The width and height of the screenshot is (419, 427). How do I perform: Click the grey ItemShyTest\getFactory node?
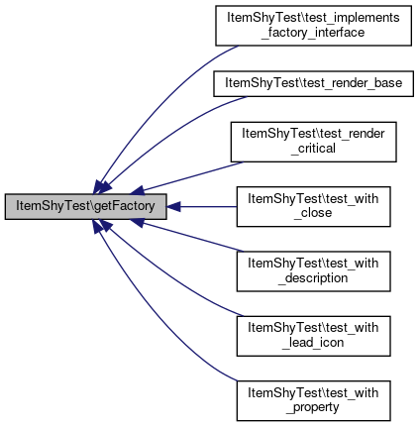coord(85,206)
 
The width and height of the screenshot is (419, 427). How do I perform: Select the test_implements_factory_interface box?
coord(313,26)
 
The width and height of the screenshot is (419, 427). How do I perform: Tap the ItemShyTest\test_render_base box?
coord(313,83)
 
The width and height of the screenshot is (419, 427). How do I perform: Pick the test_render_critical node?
coord(313,142)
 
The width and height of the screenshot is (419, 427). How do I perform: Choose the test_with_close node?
coord(313,206)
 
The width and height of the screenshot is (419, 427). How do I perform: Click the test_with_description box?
coord(313,271)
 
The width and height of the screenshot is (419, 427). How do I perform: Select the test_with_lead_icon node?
coord(313,336)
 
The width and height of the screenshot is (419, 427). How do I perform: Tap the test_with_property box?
coord(313,400)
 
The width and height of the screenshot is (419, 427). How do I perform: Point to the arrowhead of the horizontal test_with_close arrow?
coord(173,207)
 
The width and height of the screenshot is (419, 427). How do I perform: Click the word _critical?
coord(313,149)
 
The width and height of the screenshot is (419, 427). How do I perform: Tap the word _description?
coord(313,278)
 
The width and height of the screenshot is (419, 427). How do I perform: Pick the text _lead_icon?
coord(313,343)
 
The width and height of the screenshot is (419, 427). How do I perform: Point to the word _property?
coord(313,407)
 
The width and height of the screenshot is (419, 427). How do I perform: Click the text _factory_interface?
coord(313,33)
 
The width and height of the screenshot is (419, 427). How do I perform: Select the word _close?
coord(313,213)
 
